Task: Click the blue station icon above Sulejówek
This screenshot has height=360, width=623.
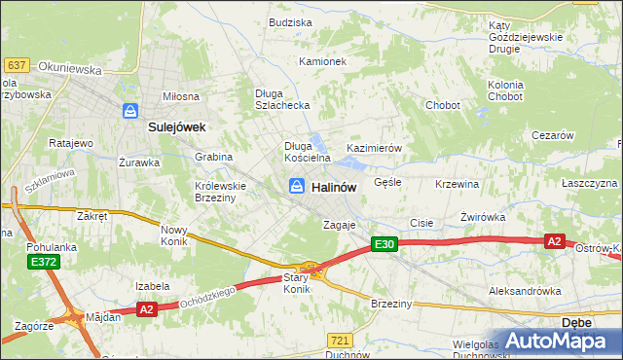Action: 130,111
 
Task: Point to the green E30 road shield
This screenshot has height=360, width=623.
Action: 384,245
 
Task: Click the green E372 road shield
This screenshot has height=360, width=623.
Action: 43,263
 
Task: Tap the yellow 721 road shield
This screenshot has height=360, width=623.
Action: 340,340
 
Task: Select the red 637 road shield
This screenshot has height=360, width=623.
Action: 16,65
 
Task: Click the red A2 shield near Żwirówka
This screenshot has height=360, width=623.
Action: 555,241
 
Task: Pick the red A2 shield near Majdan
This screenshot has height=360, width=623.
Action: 147,309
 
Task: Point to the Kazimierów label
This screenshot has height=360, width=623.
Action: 375,148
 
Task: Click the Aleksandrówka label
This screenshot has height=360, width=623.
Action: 526,291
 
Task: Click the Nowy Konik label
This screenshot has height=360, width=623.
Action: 178,235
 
